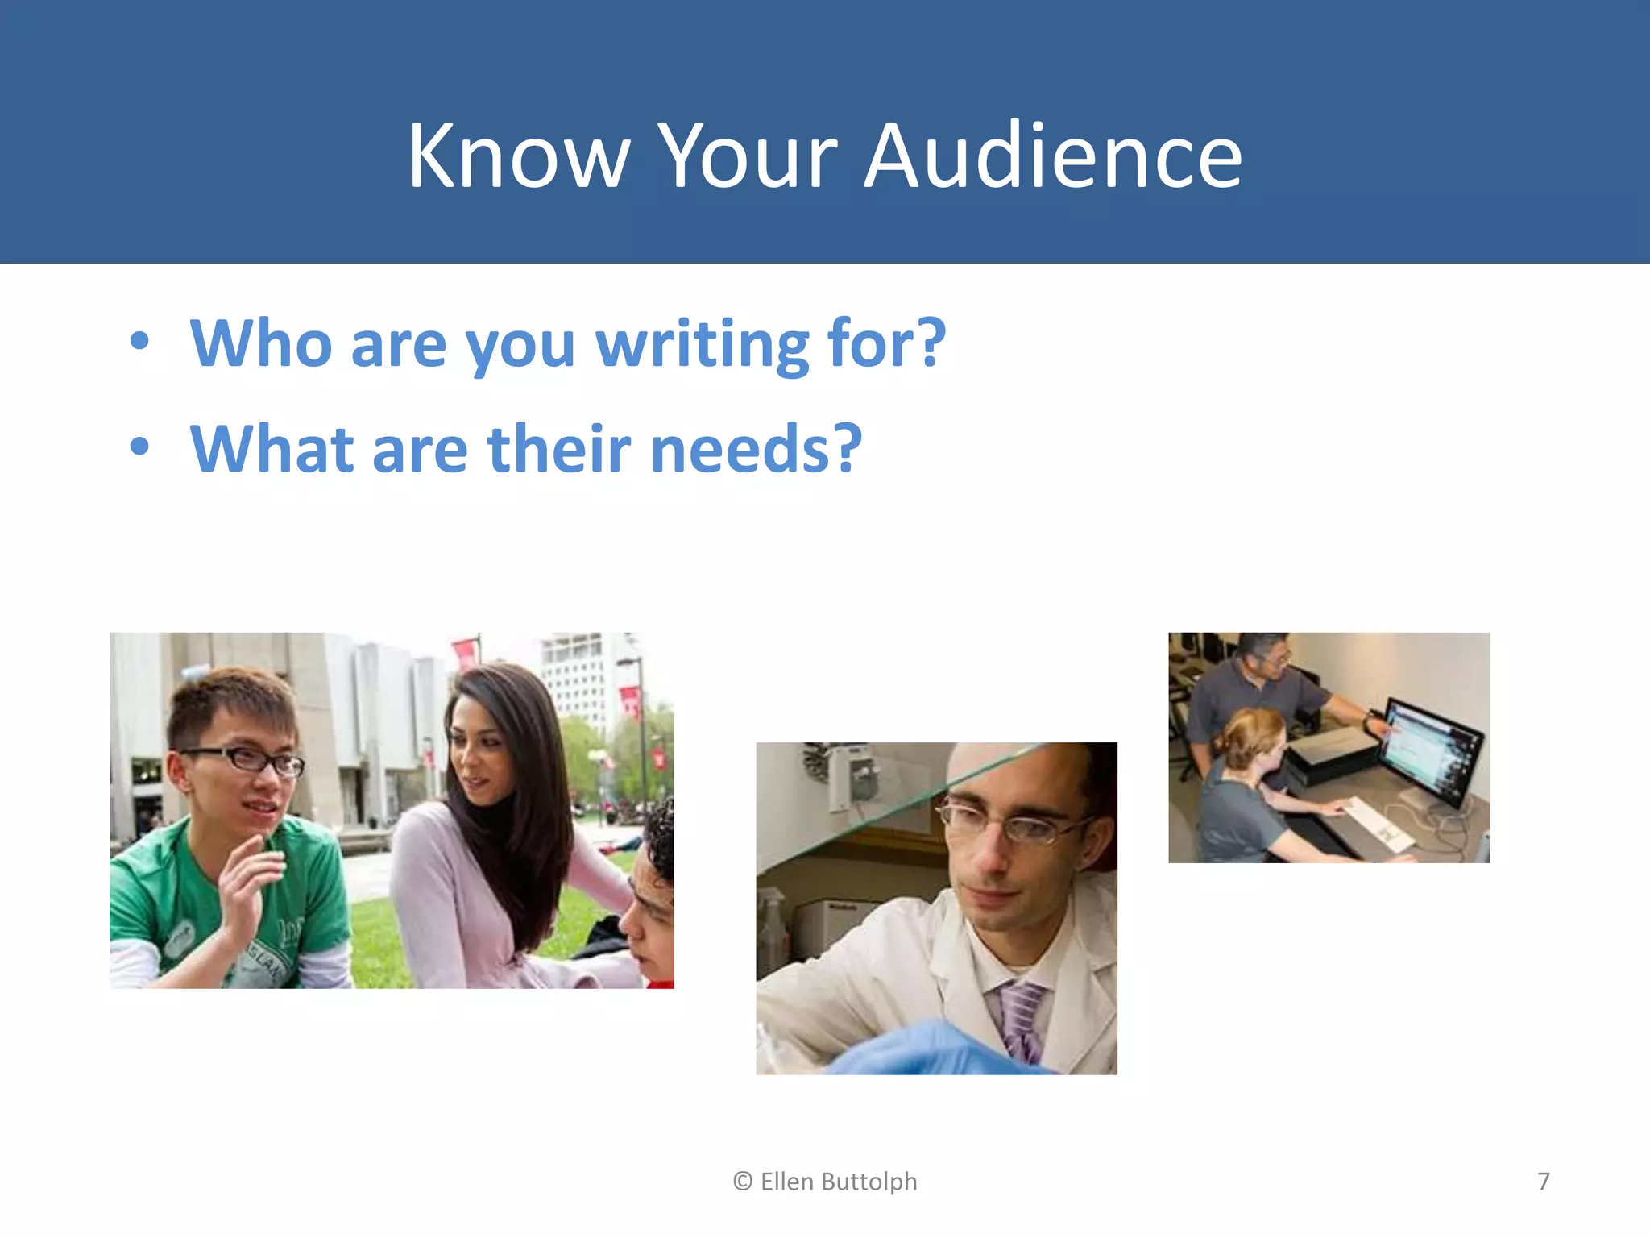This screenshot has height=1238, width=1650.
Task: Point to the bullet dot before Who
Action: click(x=139, y=342)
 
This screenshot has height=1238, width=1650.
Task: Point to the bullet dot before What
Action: click(x=139, y=447)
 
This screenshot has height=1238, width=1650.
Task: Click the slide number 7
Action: click(x=1543, y=1182)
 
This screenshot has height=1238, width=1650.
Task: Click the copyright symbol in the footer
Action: click(x=742, y=1182)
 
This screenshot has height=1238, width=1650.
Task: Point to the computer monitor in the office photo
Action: click(x=1430, y=750)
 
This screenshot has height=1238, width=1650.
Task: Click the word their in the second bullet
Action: click(x=559, y=449)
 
